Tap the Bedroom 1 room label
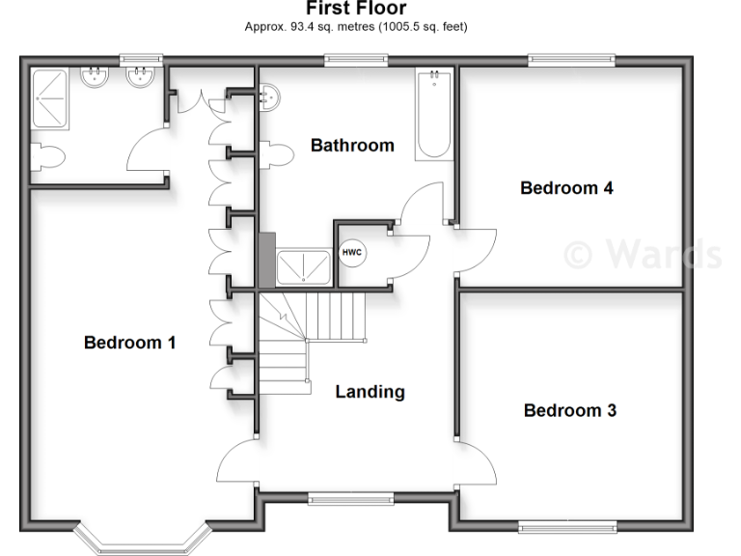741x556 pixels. (129, 342)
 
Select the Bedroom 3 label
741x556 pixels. (569, 410)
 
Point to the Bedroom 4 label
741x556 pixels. (566, 188)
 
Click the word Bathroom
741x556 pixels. (352, 146)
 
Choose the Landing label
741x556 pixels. (370, 392)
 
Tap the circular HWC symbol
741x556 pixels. (351, 252)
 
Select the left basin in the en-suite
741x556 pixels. (95, 78)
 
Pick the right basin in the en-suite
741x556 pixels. (142, 78)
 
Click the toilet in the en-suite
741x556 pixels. (46, 157)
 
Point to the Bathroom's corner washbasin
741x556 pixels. (270, 95)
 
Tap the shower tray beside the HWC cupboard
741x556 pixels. (303, 266)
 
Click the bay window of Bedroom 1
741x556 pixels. (142, 541)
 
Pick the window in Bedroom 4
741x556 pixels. (570, 61)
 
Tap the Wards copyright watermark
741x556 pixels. (641, 253)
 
